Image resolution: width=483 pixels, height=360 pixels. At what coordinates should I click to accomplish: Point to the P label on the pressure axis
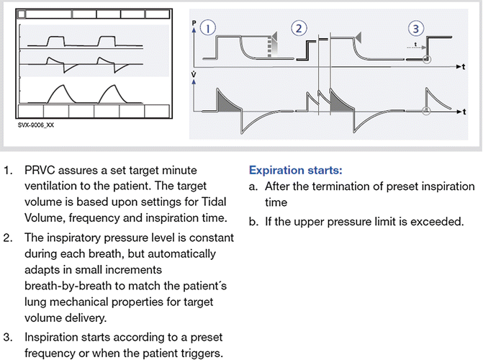tap(195, 23)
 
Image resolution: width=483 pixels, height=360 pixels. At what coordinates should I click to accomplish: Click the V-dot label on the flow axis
tap(195, 74)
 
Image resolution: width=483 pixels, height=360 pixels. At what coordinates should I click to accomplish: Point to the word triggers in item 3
tap(204, 351)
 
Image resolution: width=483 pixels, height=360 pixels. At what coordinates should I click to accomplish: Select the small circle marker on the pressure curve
tap(426, 60)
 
